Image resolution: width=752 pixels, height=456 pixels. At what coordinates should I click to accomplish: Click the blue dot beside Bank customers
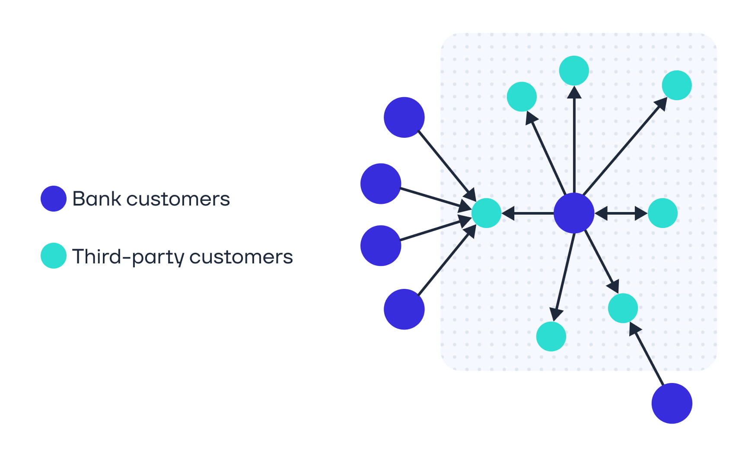point(53,199)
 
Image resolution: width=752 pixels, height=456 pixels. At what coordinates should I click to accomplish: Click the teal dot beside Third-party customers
point(53,256)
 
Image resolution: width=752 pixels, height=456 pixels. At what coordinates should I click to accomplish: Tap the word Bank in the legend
point(97,199)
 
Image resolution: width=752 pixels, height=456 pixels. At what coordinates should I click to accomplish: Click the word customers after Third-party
point(241,257)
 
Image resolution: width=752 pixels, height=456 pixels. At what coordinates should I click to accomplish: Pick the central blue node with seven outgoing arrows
point(574,213)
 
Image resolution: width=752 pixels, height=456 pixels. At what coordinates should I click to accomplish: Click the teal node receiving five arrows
point(486,213)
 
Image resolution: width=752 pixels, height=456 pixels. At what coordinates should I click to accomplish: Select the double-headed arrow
point(621,213)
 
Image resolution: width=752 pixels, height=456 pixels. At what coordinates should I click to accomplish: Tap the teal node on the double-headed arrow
point(662,213)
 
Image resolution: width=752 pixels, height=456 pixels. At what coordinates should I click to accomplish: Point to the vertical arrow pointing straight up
point(574,138)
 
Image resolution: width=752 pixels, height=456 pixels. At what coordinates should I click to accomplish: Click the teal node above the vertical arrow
point(574,70)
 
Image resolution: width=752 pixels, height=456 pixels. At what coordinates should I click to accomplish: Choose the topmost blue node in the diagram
point(404,117)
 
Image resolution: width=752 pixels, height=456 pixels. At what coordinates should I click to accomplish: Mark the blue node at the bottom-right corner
point(672,403)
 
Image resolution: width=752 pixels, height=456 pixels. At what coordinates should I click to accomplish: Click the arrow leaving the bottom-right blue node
point(647,354)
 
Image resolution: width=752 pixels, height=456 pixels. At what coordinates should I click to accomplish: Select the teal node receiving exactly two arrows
point(623,308)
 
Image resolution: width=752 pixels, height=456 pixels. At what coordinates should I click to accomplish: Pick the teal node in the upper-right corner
point(676,85)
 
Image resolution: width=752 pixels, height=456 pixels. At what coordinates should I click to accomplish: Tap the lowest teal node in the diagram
point(551,336)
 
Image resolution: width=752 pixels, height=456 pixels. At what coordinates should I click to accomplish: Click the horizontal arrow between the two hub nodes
point(528,213)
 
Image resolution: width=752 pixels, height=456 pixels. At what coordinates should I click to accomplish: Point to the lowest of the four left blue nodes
point(404,309)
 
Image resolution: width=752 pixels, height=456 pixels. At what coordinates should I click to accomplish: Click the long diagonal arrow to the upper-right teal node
point(625,147)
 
